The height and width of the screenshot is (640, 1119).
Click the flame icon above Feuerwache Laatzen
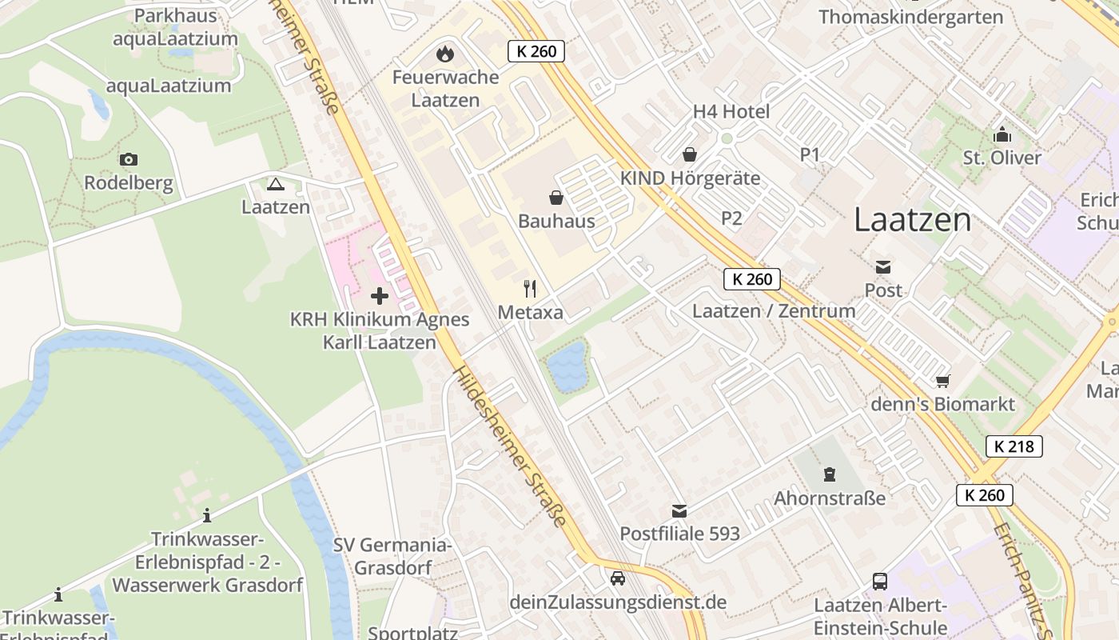[444, 54]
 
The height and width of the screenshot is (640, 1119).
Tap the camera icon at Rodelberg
[128, 160]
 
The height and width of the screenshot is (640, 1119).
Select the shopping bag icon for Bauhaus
[556, 198]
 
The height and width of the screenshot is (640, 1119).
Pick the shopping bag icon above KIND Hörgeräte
[689, 154]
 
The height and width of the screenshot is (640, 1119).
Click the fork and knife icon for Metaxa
[530, 289]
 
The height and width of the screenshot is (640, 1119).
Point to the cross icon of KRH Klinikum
[380, 296]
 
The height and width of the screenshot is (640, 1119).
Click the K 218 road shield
[1014, 446]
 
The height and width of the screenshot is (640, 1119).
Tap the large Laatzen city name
[912, 220]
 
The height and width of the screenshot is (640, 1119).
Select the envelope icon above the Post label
[883, 267]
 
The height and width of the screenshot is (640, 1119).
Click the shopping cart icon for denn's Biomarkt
[943, 381]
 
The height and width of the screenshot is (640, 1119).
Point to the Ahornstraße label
[830, 498]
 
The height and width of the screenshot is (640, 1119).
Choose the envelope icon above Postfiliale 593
[679, 510]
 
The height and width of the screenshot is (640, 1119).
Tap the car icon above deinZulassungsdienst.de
[617, 578]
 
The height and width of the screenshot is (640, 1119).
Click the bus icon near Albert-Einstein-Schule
[880, 582]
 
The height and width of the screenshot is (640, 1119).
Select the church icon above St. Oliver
[1002, 134]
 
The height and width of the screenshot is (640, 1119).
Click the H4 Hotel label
[731, 112]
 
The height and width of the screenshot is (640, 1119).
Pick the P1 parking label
[810, 155]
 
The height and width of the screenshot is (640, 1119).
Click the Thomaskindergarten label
[910, 17]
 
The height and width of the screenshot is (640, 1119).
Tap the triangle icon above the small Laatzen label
[276, 185]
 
